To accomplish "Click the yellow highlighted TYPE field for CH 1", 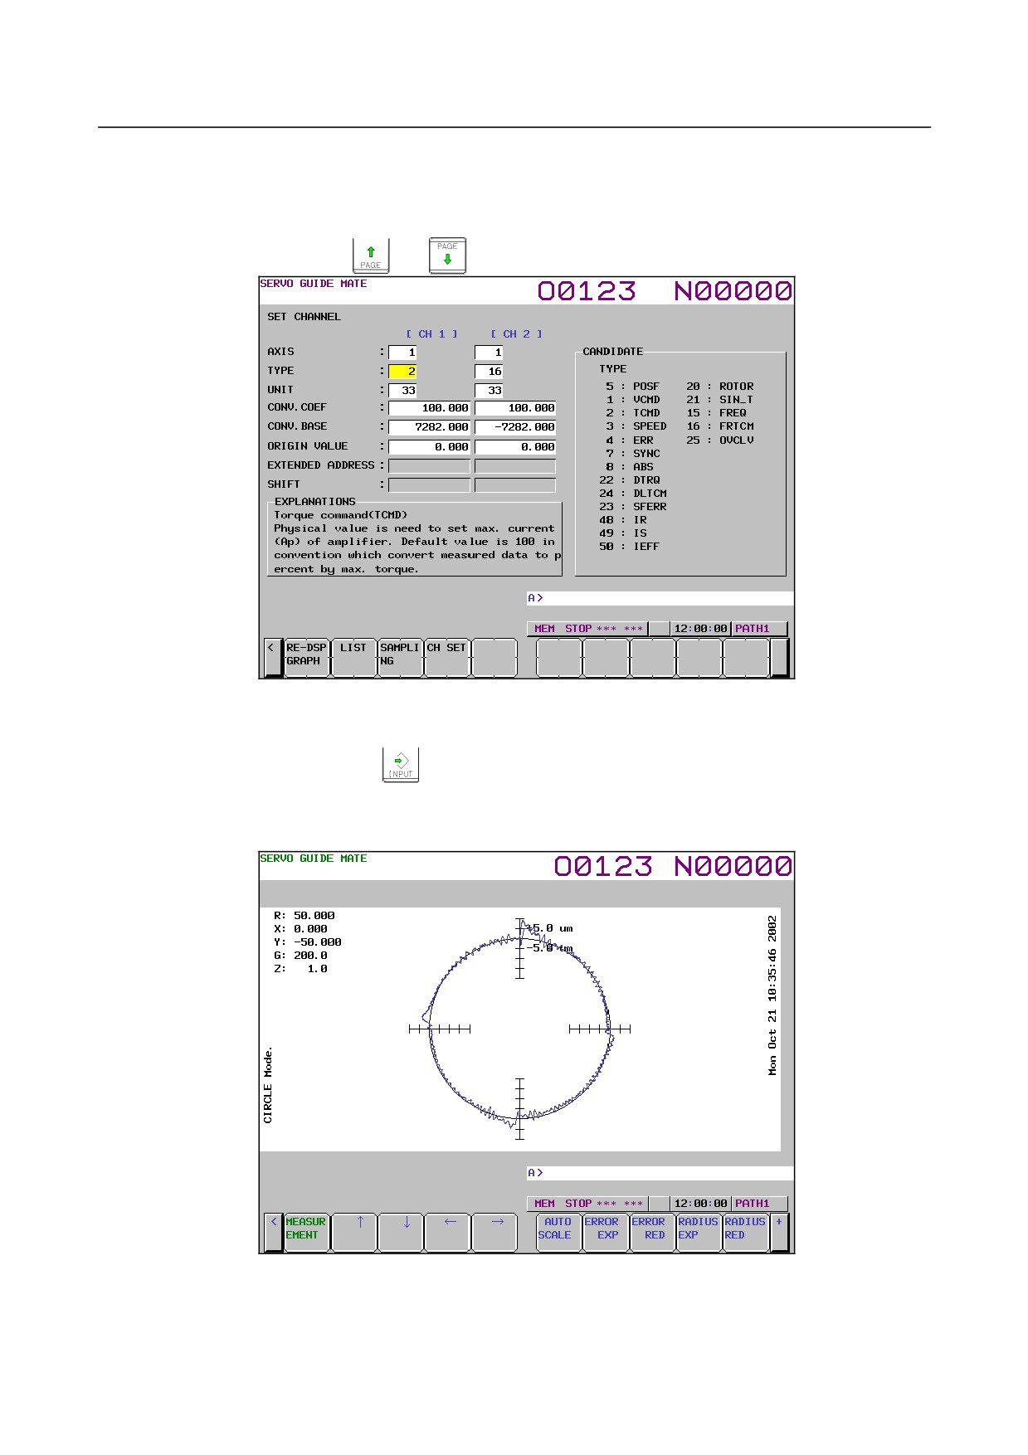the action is click(402, 372).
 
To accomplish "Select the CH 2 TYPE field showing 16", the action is click(489, 372).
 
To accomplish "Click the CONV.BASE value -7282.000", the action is click(515, 427).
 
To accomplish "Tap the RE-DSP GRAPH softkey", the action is click(307, 657).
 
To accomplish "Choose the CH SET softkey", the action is click(447, 657).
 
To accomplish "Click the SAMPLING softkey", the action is click(401, 657).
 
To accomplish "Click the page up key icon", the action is click(371, 255).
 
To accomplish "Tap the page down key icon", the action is click(447, 255).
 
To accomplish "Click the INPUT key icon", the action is click(401, 764).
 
